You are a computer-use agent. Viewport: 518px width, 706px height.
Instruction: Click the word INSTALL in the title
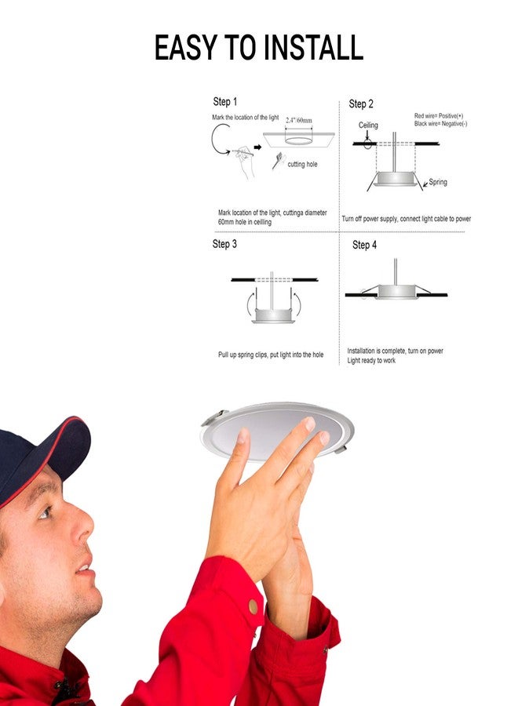[x=313, y=49]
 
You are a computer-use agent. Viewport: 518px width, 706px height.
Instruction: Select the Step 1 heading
[x=224, y=102]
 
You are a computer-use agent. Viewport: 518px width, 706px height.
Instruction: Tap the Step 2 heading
[x=361, y=104]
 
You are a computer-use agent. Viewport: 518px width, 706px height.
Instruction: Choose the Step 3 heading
[x=224, y=244]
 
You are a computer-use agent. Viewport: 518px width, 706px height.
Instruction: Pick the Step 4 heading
[x=364, y=245]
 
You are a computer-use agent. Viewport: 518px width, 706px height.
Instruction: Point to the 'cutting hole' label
[x=302, y=164]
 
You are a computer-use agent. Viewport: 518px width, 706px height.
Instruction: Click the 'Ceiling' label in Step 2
[x=368, y=126]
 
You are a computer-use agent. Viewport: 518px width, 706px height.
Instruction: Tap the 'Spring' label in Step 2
[x=437, y=182]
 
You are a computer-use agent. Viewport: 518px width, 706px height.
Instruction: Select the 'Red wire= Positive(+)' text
[x=438, y=116]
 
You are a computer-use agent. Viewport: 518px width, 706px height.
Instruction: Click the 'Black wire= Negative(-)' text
[x=440, y=124]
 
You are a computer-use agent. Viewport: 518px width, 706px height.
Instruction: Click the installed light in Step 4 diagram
[x=396, y=292]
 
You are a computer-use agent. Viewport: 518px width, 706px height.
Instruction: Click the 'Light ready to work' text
[x=371, y=361]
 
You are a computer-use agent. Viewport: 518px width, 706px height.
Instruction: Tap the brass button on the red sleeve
[x=253, y=606]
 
